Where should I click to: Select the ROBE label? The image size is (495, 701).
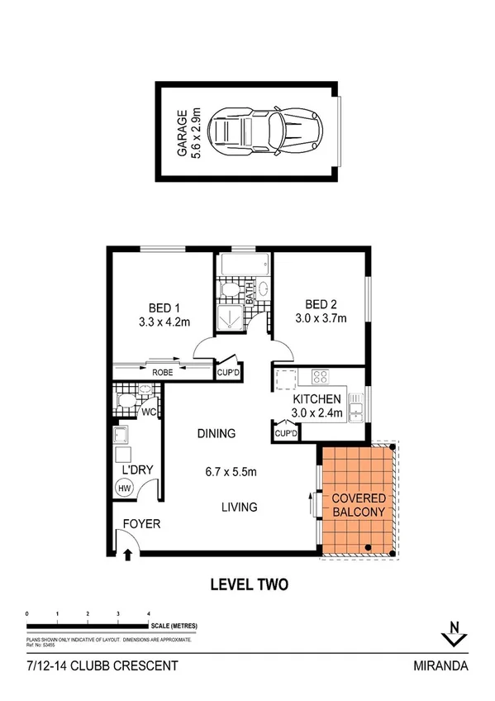point(163,374)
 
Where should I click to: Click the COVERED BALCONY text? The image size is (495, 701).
point(358,506)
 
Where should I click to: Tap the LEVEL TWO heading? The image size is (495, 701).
point(248,585)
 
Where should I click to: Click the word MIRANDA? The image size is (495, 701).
point(445,665)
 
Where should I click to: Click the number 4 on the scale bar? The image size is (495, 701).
point(148,613)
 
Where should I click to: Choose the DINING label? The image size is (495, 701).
point(217,433)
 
